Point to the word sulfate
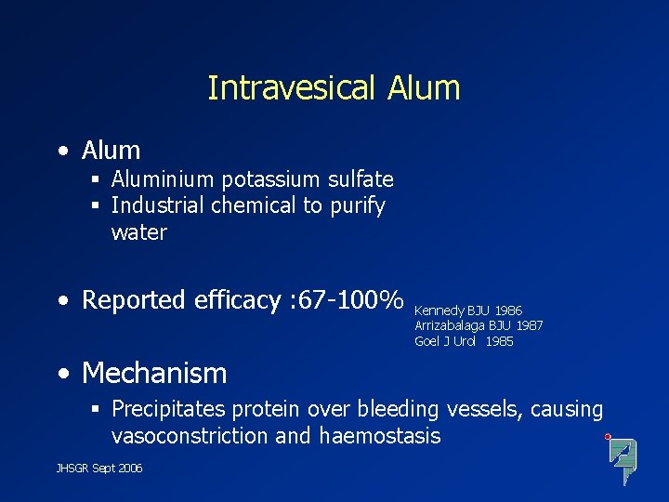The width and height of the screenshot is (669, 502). coord(359,178)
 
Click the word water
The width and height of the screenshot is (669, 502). coord(138,232)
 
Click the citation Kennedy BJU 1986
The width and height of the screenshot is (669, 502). coord(468,310)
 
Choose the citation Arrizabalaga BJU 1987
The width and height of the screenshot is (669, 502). coord(479,325)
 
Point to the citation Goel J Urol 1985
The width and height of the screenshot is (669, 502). coord(464,341)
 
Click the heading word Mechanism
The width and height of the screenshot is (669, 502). coord(154,373)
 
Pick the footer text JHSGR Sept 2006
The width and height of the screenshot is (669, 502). coord(99,469)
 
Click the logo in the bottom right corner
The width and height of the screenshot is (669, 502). coord(622,457)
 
